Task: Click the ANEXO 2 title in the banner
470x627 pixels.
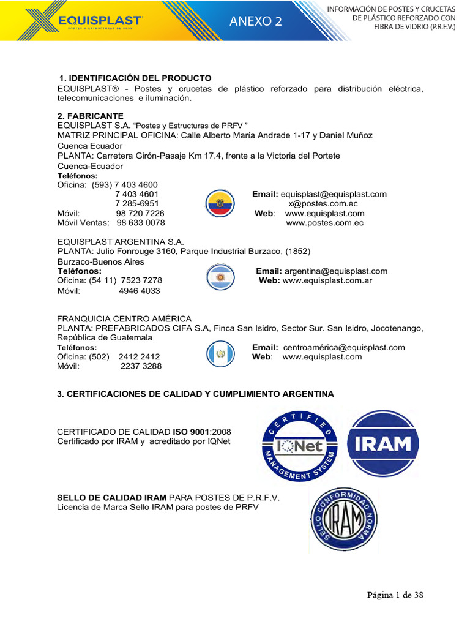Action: [x=256, y=21]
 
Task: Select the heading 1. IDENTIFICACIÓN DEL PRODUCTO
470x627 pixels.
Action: [x=135, y=78]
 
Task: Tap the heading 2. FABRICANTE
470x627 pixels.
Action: [x=90, y=116]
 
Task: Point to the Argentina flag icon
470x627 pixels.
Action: [x=220, y=277]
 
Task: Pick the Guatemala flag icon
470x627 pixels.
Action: [x=220, y=354]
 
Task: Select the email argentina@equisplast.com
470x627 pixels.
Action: [x=336, y=271]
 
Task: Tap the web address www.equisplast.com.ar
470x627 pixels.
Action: [x=327, y=281]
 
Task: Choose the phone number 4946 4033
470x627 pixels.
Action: [x=140, y=291]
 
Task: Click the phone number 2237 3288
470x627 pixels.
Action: [x=141, y=366]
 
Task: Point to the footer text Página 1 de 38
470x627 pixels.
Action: [x=395, y=595]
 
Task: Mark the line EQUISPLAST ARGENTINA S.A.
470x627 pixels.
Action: [x=121, y=242]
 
